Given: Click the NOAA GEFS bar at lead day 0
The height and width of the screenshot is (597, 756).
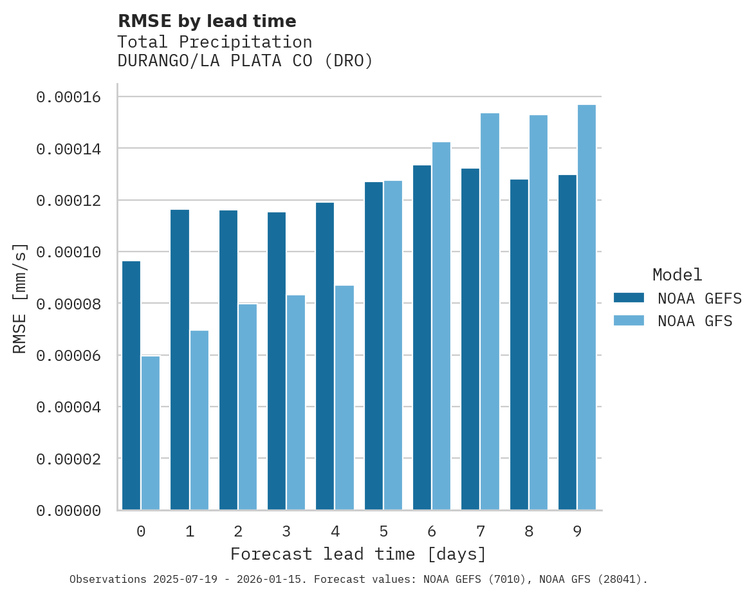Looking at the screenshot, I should pos(131,385).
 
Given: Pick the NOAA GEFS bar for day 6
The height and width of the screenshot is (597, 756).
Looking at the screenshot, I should pos(422,338).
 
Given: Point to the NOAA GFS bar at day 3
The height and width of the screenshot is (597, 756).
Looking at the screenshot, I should pos(296,403).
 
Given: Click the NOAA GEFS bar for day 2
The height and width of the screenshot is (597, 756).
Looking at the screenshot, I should pos(228,360).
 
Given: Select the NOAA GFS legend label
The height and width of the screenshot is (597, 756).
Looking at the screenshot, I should pos(695,321).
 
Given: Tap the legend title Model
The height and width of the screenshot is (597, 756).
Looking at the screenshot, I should pos(677,275).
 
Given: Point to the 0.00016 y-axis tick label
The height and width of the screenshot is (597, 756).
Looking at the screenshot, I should pos(69,97).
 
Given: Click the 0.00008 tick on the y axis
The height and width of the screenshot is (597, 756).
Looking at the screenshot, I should pos(69,304).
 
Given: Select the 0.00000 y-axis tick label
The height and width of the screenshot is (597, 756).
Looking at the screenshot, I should pos(69,511).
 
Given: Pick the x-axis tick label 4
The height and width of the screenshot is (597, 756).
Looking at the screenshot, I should pos(335,532).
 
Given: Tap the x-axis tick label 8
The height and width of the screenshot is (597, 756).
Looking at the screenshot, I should pos(529,532).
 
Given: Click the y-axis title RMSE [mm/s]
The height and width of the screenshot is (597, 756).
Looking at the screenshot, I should pos(20,298).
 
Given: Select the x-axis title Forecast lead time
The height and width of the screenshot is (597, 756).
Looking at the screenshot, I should pos(358,554).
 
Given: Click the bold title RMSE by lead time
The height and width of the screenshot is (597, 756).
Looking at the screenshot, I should pos(207,21).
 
